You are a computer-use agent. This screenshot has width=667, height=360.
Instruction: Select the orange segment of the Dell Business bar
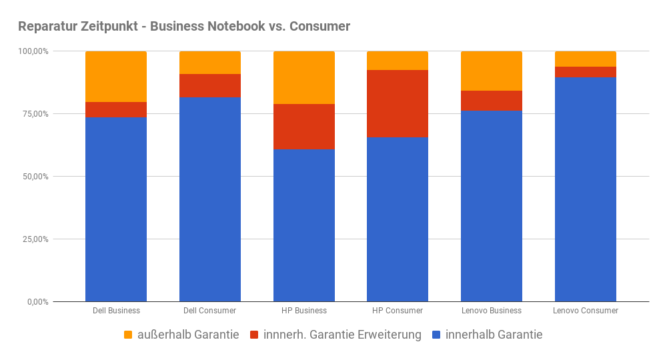pyautogui.click(x=116, y=77)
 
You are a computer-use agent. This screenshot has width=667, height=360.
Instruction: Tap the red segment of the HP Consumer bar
pyautogui.click(x=398, y=103)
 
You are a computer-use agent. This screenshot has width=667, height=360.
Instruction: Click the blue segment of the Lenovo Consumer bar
pyautogui.click(x=585, y=189)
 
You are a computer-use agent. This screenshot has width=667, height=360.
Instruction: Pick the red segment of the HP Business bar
pyautogui.click(x=304, y=127)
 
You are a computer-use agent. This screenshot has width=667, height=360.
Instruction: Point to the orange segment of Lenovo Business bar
pyautogui.click(x=492, y=71)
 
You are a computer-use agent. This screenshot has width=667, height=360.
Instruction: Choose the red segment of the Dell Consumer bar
pyautogui.click(x=210, y=85)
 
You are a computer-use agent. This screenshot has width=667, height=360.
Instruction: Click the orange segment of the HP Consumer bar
pyautogui.click(x=398, y=61)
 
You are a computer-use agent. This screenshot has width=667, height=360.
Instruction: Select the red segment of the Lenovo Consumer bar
pyautogui.click(x=585, y=72)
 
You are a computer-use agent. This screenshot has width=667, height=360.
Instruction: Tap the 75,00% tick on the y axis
pyautogui.click(x=33, y=114)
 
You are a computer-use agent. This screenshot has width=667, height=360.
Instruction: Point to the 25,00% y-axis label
pyautogui.click(x=33, y=239)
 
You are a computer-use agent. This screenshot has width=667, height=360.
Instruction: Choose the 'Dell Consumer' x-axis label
pyautogui.click(x=210, y=311)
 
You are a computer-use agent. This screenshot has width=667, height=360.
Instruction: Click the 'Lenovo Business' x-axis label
pyautogui.click(x=492, y=311)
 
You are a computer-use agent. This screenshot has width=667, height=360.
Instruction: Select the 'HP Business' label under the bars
pyautogui.click(x=304, y=311)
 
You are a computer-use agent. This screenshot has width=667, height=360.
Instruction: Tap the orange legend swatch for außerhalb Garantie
pyautogui.click(x=129, y=335)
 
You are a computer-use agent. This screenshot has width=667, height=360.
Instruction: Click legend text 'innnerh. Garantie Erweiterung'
pyautogui.click(x=342, y=335)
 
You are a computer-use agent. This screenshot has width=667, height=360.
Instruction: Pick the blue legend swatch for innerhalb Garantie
pyautogui.click(x=437, y=335)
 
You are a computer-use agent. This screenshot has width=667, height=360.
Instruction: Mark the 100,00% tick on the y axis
pyautogui.click(x=31, y=51)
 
